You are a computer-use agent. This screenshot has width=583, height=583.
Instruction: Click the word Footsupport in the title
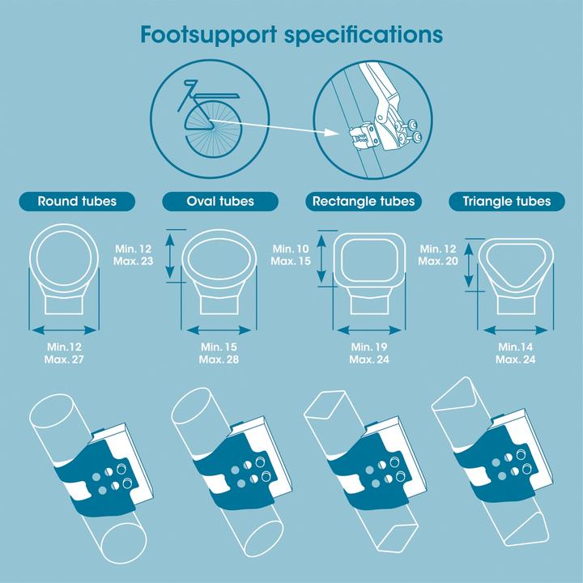(x=208, y=36)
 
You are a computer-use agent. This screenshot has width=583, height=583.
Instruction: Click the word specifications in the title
(x=364, y=36)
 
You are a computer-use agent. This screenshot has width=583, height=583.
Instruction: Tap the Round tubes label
(x=77, y=202)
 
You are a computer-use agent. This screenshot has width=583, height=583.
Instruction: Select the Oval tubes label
(x=220, y=202)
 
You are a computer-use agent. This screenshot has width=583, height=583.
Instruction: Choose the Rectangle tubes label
(x=364, y=202)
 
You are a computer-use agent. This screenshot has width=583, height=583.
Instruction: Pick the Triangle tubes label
(x=506, y=202)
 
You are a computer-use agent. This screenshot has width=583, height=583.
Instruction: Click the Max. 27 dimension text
(x=64, y=360)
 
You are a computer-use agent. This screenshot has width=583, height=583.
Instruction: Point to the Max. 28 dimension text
(x=219, y=360)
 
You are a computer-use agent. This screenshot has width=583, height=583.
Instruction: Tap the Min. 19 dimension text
(x=369, y=347)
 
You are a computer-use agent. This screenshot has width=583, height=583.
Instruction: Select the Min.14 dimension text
(x=515, y=347)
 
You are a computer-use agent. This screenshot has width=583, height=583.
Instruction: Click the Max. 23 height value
(x=133, y=261)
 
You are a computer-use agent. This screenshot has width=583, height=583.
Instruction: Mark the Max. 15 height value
(x=291, y=261)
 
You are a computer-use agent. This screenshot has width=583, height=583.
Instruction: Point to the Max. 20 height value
(x=438, y=261)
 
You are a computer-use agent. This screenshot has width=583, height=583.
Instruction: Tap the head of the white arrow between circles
(x=333, y=132)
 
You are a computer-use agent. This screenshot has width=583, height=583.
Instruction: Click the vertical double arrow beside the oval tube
(x=170, y=256)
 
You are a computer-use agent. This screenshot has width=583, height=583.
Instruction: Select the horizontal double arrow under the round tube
(x=64, y=330)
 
